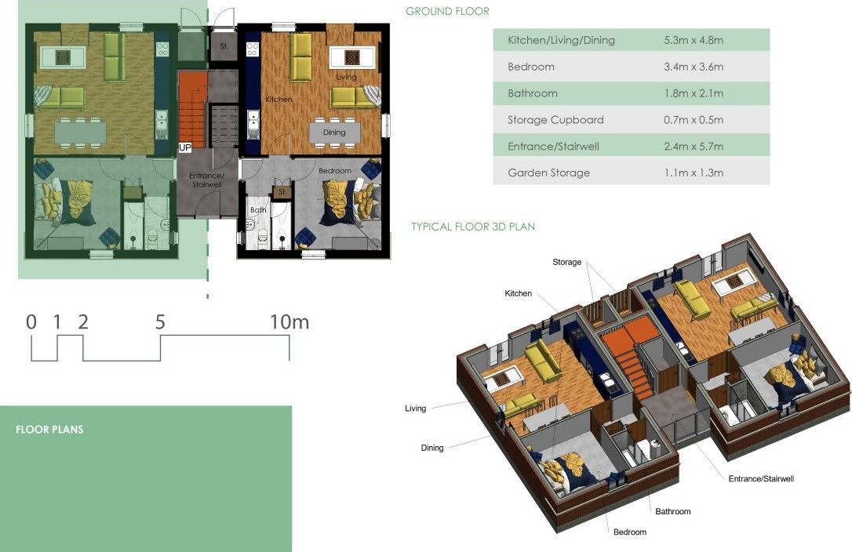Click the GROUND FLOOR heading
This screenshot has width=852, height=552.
pos(447,12)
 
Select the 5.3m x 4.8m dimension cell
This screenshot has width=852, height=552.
pos(694,40)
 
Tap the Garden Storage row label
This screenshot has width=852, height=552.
pos(549,172)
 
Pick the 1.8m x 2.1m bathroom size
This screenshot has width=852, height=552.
pos(694,93)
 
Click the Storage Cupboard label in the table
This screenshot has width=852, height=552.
pos(555,120)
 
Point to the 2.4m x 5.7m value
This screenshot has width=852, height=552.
pos(694,146)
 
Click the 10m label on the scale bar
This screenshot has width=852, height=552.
pos(289,322)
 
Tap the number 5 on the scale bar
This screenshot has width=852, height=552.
pos(160,322)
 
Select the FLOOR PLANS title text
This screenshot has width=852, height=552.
pos(49,430)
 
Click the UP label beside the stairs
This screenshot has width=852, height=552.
pos(184,147)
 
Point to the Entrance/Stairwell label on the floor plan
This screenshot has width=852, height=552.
pos(206,180)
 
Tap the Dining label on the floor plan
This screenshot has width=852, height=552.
pos(334,132)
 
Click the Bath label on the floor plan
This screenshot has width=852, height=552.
pos(258,209)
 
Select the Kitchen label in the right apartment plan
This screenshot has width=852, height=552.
pos(279,100)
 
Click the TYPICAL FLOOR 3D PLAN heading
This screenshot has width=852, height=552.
pos(473,227)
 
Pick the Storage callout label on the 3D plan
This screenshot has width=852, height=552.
pos(566,262)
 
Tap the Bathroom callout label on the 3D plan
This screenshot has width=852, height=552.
pos(672,511)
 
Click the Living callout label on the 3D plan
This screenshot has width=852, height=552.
pos(415,409)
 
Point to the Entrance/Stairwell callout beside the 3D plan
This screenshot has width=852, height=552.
pos(761,478)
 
